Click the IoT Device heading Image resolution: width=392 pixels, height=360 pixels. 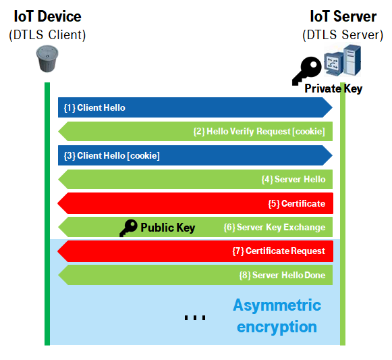pyautogui.click(x=47, y=16)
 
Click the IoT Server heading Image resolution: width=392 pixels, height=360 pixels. pyautogui.click(x=343, y=16)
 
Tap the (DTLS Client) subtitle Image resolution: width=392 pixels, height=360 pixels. pyautogui.click(x=47, y=35)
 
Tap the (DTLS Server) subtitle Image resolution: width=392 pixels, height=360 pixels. pyautogui.click(x=343, y=35)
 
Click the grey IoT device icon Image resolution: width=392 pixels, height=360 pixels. pyautogui.click(x=47, y=59)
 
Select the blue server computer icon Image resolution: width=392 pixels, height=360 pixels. pyautogui.click(x=343, y=60)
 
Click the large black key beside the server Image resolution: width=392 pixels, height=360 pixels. pyautogui.click(x=306, y=71)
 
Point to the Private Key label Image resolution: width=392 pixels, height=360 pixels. pyautogui.click(x=333, y=88)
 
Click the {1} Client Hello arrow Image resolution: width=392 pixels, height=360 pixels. pyautogui.click(x=195, y=107)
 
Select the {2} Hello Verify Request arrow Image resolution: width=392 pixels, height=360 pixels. pyautogui.click(x=195, y=132)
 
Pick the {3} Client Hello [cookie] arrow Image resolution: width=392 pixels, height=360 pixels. pyautogui.click(x=195, y=155)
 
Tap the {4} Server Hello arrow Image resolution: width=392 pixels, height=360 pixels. pyautogui.click(x=195, y=179)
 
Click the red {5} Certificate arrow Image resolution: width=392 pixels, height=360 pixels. pyautogui.click(x=195, y=203)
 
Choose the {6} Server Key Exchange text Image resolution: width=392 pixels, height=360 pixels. pyautogui.click(x=275, y=228)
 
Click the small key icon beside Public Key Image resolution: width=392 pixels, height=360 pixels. pyautogui.click(x=128, y=228)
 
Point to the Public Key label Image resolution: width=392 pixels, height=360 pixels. pyautogui.click(x=168, y=228)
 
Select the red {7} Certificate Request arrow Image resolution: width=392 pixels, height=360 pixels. pyautogui.click(x=195, y=251)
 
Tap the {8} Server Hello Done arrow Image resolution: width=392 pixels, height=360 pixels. pyautogui.click(x=195, y=275)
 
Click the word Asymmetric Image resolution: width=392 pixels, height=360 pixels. pyautogui.click(x=277, y=305)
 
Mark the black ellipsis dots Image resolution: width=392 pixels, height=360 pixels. pyautogui.click(x=195, y=317)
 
